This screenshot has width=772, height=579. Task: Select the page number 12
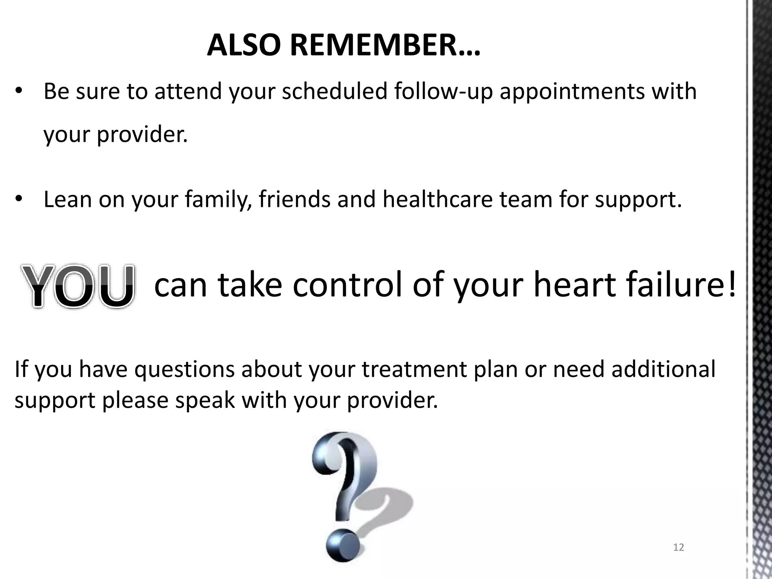tap(679, 547)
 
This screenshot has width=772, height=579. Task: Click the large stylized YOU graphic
tap(78, 286)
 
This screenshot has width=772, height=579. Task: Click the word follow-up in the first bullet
tap(443, 92)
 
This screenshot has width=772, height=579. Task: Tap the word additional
tap(663, 369)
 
